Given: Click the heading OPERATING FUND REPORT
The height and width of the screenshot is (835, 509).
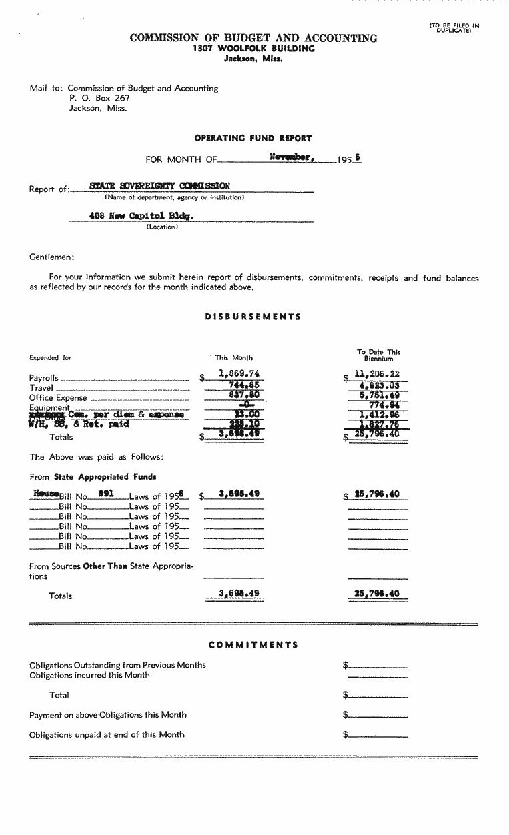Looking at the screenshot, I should tap(253, 139).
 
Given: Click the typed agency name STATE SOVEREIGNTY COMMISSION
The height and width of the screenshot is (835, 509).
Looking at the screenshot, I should tap(160, 186).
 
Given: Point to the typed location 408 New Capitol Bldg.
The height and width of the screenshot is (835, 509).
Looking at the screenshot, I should tap(136, 216).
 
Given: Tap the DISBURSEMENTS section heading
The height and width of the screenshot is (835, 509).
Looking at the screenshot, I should tap(253, 317).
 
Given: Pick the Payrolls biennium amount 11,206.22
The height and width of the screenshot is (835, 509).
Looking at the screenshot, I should tap(378, 374).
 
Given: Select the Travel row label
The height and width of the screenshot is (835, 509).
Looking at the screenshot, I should tap(41, 387).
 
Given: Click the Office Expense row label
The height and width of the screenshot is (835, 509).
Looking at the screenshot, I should tap(58, 398).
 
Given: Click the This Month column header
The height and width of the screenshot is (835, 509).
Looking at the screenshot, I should tap(233, 357).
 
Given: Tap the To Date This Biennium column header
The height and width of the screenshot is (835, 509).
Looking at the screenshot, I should tap(379, 355).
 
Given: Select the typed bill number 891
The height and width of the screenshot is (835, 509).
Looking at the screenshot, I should tap(107, 494).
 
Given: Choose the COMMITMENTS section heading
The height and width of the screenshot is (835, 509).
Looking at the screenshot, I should tap(253, 645).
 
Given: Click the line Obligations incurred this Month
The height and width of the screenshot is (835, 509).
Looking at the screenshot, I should tap(89, 675).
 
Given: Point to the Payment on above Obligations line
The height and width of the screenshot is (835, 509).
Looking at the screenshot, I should tap(108, 715).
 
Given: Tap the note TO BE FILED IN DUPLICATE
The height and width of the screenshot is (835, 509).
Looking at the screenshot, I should tap(454, 28).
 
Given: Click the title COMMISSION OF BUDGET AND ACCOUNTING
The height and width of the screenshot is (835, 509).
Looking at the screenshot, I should tap(253, 39).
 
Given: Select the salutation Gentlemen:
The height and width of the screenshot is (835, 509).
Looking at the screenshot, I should tap(52, 257).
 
